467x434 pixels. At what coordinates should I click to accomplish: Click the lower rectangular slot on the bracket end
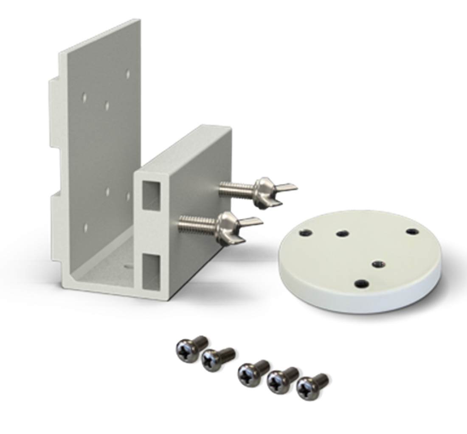pyautogui.click(x=152, y=269)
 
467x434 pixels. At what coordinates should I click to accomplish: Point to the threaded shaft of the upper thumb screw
pyautogui.click(x=236, y=187)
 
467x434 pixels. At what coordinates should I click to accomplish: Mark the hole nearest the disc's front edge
pyautogui.click(x=361, y=283)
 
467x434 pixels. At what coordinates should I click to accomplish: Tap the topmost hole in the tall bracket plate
pyautogui.click(x=128, y=74)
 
